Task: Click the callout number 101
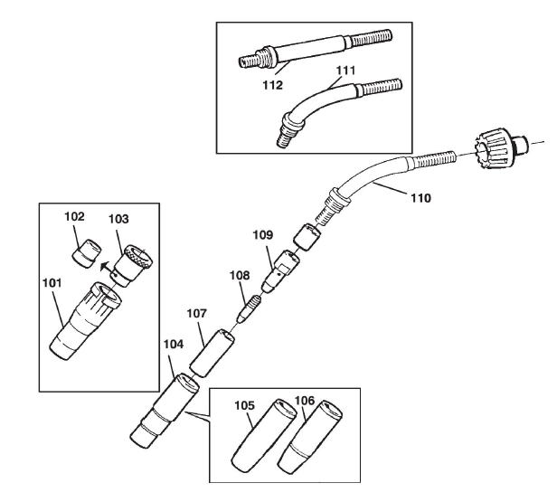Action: (x=52, y=283)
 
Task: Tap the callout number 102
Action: (x=74, y=216)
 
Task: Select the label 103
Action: (x=118, y=219)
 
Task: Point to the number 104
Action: (x=174, y=344)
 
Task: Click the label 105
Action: (x=245, y=405)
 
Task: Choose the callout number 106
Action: (x=305, y=401)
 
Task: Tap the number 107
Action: (x=197, y=313)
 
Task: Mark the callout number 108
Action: (x=240, y=275)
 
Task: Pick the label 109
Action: (x=263, y=235)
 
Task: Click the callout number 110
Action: (x=421, y=198)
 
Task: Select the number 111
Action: (x=345, y=71)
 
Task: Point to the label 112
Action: (x=273, y=85)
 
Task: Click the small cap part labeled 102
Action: (x=87, y=253)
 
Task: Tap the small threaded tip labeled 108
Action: (x=250, y=308)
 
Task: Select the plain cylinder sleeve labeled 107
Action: (x=212, y=353)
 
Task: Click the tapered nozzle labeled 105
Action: (x=264, y=435)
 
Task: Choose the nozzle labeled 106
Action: (x=310, y=438)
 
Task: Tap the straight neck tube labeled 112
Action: (x=315, y=49)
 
